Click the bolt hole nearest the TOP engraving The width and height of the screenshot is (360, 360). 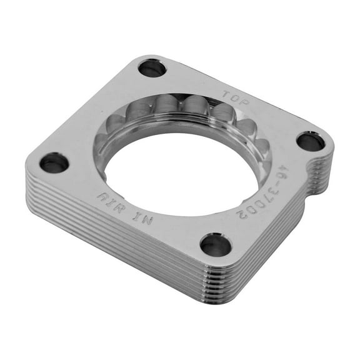(x=152, y=67)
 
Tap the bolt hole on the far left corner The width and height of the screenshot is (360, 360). (x=54, y=163)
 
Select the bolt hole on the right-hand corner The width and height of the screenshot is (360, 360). (x=310, y=142)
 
